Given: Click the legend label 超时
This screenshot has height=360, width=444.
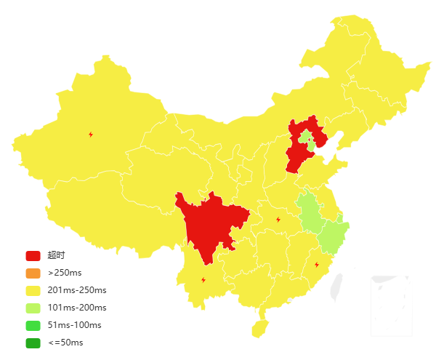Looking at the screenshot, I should click(x=56, y=256).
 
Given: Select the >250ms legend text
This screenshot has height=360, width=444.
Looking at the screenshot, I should click(x=65, y=273).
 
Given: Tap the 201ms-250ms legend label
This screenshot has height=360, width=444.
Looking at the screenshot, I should click(x=76, y=291).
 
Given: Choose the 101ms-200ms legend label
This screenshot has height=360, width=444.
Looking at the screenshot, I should click(x=76, y=308).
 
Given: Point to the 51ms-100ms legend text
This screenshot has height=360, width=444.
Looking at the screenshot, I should click(x=74, y=325).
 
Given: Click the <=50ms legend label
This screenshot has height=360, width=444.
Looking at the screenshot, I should click(x=65, y=343).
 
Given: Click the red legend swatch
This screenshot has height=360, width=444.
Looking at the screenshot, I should click(x=33, y=256).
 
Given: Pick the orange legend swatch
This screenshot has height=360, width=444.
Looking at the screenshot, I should click(x=33, y=273).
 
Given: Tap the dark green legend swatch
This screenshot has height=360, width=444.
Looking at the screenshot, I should click(x=33, y=343).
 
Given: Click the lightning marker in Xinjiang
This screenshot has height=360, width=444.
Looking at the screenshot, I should click(x=91, y=134).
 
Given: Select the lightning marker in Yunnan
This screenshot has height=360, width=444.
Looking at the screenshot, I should click(x=203, y=279).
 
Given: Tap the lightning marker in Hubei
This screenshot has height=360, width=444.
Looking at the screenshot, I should click(x=278, y=220).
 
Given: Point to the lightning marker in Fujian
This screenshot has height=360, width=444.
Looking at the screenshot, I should click(x=316, y=264).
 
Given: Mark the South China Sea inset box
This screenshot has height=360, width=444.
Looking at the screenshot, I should click(x=391, y=305).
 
